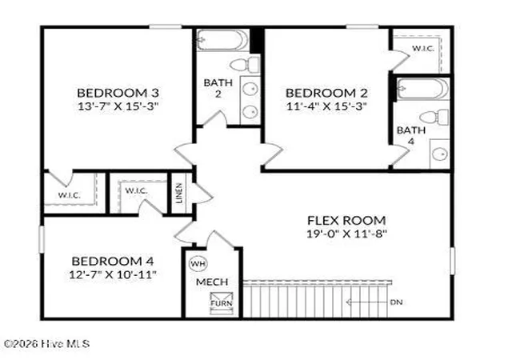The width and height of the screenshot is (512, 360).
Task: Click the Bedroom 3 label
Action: [118, 93]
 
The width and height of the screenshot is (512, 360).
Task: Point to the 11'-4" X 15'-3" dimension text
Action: [326, 106]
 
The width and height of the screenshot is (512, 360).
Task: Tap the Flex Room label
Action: [346, 220]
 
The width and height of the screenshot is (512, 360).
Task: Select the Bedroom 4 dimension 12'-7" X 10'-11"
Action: [113, 274]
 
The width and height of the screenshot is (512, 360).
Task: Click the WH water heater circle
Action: [198, 263]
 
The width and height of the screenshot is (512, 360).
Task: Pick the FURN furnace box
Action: [222, 303]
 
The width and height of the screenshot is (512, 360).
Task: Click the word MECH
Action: [212, 282]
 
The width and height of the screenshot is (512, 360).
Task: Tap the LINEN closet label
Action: [179, 193]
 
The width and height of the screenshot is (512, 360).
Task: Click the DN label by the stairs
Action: [396, 302]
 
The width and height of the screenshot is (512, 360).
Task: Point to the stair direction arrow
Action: [367, 302]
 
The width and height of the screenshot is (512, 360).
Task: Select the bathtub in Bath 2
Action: [222, 40]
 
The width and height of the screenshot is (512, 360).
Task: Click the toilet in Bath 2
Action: [245, 64]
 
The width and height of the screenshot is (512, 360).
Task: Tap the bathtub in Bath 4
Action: [422, 88]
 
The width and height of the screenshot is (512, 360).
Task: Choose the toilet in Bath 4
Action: [434, 117]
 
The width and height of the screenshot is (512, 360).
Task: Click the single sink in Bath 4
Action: [440, 154]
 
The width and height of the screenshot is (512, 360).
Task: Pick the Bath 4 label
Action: [411, 135]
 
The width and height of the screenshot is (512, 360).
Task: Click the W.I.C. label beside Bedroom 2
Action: [423, 49]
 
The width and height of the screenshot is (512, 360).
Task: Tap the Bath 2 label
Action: [218, 88]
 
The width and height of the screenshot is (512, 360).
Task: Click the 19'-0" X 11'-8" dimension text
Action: [346, 234]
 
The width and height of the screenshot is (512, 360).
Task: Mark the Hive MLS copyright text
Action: [46, 344]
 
